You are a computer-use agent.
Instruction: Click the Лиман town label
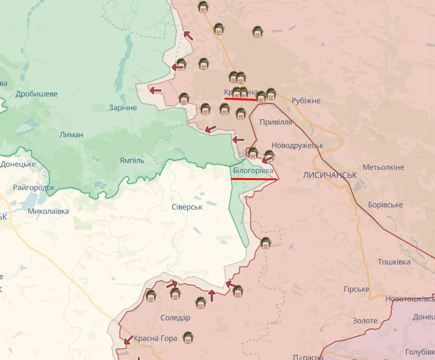(71, 135)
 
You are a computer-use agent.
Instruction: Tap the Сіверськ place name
(187, 207)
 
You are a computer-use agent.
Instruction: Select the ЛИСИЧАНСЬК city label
(330, 175)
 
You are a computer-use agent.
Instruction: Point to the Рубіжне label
(306, 101)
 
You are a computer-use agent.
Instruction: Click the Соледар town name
(175, 318)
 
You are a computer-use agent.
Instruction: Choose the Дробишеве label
(36, 94)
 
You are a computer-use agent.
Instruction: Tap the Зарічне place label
(122, 108)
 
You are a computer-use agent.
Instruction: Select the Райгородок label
(34, 188)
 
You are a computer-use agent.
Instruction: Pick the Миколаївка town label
(48, 211)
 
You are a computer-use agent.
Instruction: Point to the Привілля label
(276, 122)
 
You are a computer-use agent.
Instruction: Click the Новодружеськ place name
(298, 145)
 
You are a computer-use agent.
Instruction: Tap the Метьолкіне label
(383, 167)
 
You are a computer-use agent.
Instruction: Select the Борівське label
(385, 205)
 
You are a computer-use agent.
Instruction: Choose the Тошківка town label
(394, 261)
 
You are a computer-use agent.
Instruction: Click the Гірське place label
(356, 289)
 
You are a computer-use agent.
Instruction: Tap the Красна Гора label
(155, 338)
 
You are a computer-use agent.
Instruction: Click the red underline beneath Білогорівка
(254, 178)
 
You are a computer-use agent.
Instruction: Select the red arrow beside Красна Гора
(128, 339)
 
